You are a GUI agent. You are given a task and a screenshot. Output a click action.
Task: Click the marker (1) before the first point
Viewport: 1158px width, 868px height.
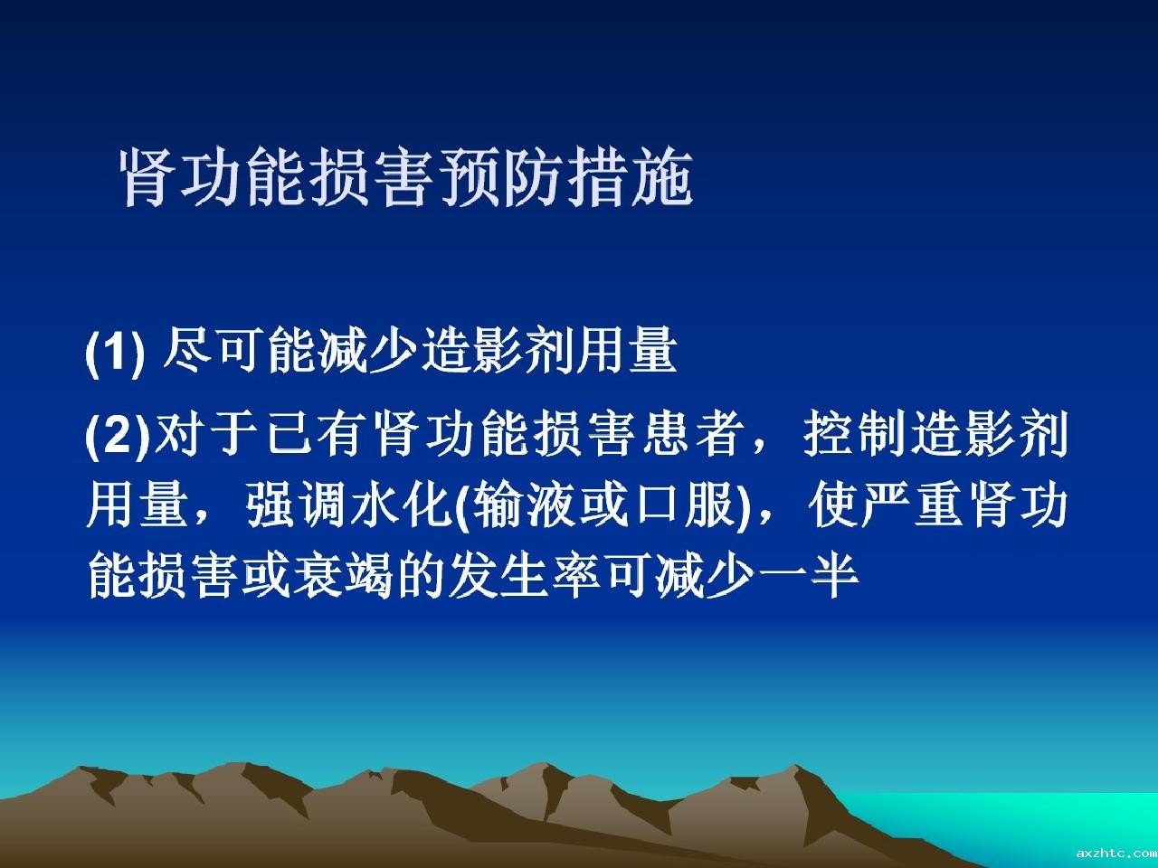pos(115,352)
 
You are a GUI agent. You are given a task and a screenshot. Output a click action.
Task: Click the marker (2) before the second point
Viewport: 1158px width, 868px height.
pos(118,435)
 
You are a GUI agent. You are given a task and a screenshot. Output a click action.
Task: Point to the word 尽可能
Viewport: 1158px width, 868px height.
pos(240,351)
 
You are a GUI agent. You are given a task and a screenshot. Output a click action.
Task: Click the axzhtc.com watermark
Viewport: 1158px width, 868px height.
pos(1115,853)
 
